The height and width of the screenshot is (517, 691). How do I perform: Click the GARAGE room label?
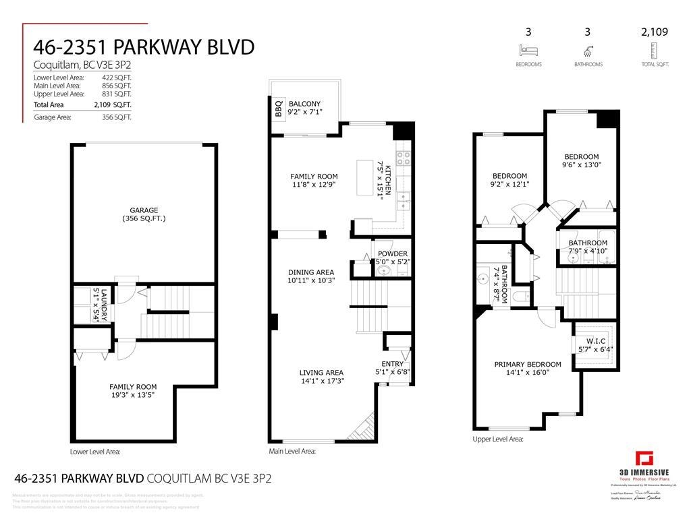143,210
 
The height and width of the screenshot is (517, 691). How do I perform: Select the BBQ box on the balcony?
277,108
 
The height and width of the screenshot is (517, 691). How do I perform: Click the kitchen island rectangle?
365,177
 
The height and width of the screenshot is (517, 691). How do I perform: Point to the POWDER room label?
392,253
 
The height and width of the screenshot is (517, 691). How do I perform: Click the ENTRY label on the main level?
392,363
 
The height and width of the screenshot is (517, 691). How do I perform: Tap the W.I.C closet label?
595,340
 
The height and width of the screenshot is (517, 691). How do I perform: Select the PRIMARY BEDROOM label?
527,364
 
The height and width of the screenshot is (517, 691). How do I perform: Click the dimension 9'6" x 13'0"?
581,164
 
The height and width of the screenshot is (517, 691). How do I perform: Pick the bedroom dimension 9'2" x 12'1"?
509,183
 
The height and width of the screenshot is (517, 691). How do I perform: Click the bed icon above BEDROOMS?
528,51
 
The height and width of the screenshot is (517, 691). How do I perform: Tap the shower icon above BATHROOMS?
588,51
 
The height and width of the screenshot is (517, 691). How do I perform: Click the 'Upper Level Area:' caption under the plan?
497,439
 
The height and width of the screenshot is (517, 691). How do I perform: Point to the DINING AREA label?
311,272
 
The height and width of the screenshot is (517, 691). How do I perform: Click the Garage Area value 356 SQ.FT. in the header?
113,117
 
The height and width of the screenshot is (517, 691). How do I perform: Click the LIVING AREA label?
321,372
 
